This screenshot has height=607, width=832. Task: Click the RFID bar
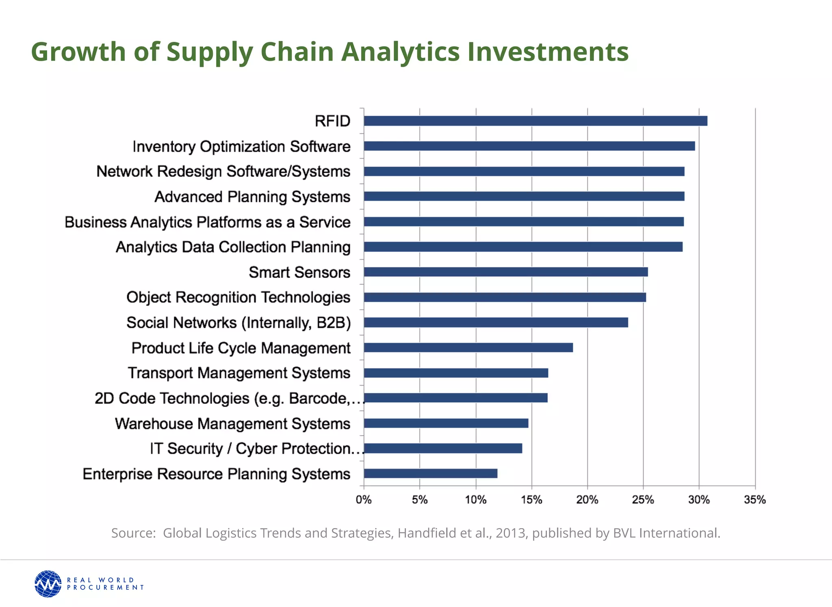pyautogui.click(x=535, y=121)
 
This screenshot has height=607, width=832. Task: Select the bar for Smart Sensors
pyautogui.click(x=505, y=272)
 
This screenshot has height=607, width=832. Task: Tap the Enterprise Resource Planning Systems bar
pyautogui.click(x=430, y=473)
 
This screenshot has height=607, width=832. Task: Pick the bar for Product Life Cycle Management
pyautogui.click(x=468, y=347)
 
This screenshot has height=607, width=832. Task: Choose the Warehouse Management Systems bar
pyautogui.click(x=446, y=423)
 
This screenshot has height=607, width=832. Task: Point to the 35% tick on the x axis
pyautogui.click(x=755, y=499)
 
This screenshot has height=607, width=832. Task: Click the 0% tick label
pyautogui.click(x=364, y=499)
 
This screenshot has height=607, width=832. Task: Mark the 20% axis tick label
pyautogui.click(x=587, y=499)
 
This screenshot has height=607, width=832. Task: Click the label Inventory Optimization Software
pyautogui.click(x=241, y=146)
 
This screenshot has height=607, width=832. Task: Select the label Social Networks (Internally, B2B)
pyautogui.click(x=238, y=323)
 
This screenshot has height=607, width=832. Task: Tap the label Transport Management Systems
pyautogui.click(x=239, y=373)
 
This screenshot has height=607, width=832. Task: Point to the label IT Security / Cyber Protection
pyautogui.click(x=255, y=449)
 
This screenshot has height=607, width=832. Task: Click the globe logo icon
pyautogui.click(x=48, y=584)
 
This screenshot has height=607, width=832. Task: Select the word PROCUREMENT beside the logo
pyautogui.click(x=105, y=587)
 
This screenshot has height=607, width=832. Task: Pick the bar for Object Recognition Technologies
pyautogui.click(x=505, y=297)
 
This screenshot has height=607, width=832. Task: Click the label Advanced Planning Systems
pyautogui.click(x=252, y=197)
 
